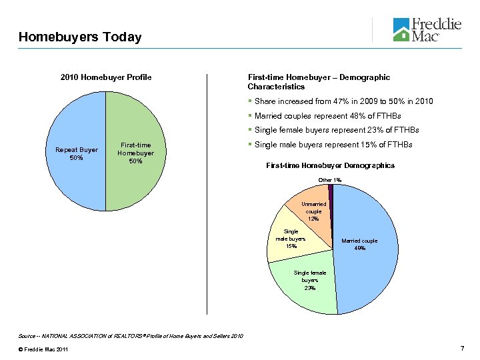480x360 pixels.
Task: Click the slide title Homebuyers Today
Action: point(80,37)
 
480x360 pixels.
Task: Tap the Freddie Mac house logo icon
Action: point(401,30)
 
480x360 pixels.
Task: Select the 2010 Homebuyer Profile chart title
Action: point(106,77)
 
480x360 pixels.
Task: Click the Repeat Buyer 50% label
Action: point(76,154)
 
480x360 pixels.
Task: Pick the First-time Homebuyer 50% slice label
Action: point(135,153)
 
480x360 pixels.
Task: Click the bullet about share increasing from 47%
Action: point(343,101)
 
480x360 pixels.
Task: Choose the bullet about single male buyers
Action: point(333,145)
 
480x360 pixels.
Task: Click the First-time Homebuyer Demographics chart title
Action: point(330,165)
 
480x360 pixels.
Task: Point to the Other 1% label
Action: point(330,180)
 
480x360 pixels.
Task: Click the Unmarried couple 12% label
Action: point(313,211)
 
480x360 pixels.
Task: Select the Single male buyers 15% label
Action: point(291,239)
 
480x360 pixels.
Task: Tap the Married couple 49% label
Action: point(359,244)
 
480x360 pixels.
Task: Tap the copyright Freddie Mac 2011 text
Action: point(44,350)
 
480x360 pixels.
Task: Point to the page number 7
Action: point(461,350)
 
